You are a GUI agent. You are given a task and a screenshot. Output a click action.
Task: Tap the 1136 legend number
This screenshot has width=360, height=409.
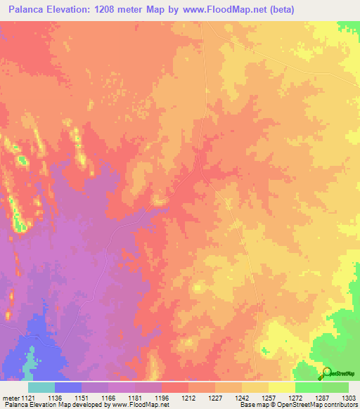[x=67, y=397]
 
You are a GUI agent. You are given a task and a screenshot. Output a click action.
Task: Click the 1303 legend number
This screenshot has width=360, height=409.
[x=348, y=397]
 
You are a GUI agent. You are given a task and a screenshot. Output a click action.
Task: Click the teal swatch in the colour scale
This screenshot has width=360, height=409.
[x=41, y=387]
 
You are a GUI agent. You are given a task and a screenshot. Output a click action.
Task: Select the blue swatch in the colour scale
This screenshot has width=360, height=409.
[x=67, y=387]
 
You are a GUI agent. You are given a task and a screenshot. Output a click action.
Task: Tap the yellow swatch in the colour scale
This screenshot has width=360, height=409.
[x=281, y=387]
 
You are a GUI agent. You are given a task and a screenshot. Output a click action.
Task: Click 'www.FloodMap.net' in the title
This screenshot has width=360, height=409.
[x=226, y=9]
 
